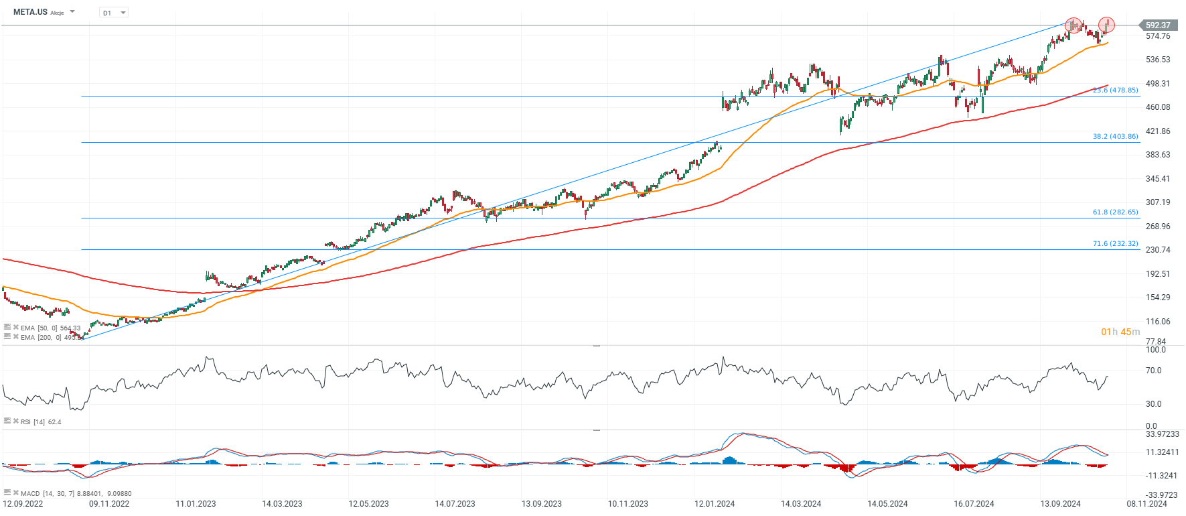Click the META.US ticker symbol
(x=30, y=12)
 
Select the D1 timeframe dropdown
(x=114, y=13)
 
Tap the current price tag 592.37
(x=1158, y=25)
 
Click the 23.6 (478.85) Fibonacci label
(x=1115, y=90)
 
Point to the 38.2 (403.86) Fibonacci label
(x=1115, y=136)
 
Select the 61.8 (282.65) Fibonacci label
(x=1115, y=212)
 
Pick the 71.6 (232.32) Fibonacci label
(x=1115, y=243)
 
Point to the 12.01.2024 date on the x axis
(x=715, y=504)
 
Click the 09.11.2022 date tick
(x=109, y=504)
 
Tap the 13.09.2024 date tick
(x=1060, y=504)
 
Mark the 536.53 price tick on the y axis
(x=1158, y=60)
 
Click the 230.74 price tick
(x=1158, y=250)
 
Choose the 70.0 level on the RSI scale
(x=1153, y=371)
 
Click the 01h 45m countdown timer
(x=1120, y=332)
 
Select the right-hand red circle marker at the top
(x=1106, y=25)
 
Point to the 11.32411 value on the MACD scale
(x=1162, y=452)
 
